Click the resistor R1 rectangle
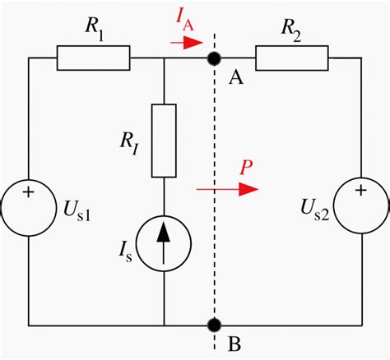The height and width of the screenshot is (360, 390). click(93, 58)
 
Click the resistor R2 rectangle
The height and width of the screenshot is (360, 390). click(291, 58)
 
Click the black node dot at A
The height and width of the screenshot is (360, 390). click(215, 58)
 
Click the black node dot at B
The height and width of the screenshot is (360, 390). click(215, 325)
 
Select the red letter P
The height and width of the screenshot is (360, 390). click(244, 168)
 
